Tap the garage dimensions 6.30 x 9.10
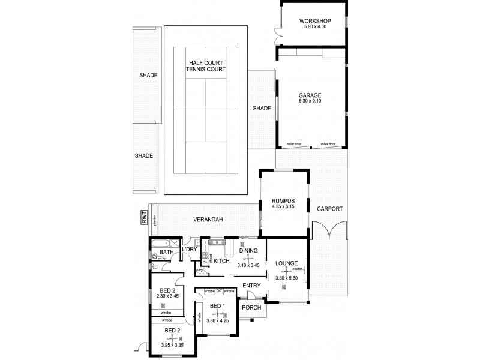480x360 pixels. [310, 101]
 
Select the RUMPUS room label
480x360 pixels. [282, 201]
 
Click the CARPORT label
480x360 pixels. [330, 209]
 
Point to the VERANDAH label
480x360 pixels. [208, 220]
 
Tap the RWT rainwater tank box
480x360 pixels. [144, 220]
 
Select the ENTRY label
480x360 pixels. [251, 286]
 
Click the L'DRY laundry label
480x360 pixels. [190, 249]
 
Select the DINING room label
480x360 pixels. [248, 250]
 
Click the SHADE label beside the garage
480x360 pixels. [262, 109]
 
